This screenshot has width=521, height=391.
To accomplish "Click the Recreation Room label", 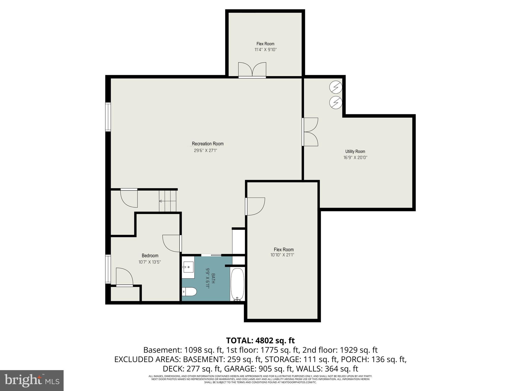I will [x=208, y=144].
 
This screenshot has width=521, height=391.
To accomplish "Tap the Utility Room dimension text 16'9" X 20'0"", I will [x=355, y=158].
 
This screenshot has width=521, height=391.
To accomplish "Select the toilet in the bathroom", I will [x=190, y=291].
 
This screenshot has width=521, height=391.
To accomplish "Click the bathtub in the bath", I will [x=238, y=285].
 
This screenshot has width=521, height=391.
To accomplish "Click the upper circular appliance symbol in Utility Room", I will [x=336, y=87].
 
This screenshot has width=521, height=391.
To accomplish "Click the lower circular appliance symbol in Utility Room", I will [x=336, y=103].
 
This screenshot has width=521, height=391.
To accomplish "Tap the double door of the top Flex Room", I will [x=252, y=70].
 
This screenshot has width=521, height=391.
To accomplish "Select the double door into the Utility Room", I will [x=310, y=132].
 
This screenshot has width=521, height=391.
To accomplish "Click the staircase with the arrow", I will [x=168, y=201].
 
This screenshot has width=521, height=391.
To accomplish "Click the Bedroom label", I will [x=150, y=256].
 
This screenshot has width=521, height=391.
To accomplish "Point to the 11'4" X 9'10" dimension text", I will [x=265, y=50].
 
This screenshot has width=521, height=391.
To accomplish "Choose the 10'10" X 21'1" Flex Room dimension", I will [x=284, y=255].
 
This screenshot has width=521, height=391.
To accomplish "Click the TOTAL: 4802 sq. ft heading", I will [x=260, y=340].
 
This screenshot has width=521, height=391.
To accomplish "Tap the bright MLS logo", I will [x=32, y=380].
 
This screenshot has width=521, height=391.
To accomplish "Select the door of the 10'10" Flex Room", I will [x=255, y=206].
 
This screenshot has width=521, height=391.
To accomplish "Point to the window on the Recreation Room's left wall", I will [x=108, y=117].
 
